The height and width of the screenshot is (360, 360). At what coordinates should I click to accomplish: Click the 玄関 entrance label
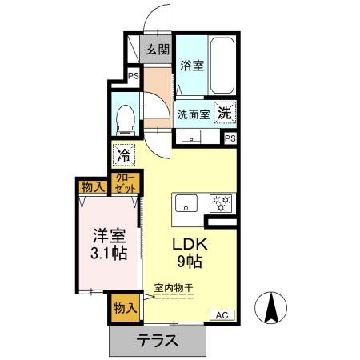coord(158,50)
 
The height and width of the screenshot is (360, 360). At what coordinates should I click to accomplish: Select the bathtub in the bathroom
coord(222,65)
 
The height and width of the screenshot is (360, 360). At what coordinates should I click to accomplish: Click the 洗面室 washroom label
coord(193,114)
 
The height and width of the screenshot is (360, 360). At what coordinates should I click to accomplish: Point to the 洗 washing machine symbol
coord(226,114)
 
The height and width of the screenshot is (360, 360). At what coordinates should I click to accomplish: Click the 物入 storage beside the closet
coord(93,187)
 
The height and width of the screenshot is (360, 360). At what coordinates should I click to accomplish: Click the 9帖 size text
coord(190,263)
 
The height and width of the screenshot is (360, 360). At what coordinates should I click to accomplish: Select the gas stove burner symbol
coord(219,203)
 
